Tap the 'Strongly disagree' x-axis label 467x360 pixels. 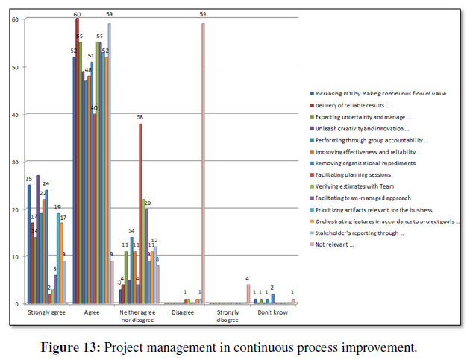click(x=228, y=316)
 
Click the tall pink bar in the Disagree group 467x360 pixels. click(x=203, y=164)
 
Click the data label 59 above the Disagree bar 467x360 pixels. click(x=204, y=14)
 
